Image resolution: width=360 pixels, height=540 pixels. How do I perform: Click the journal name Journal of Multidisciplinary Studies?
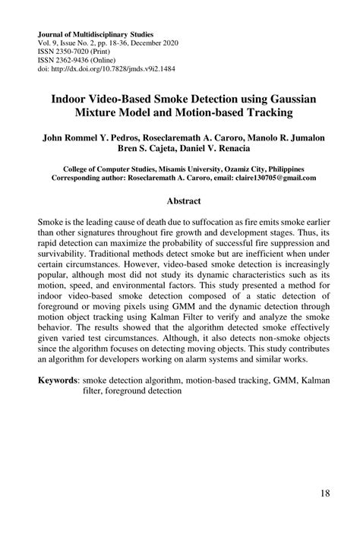point(95,34)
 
